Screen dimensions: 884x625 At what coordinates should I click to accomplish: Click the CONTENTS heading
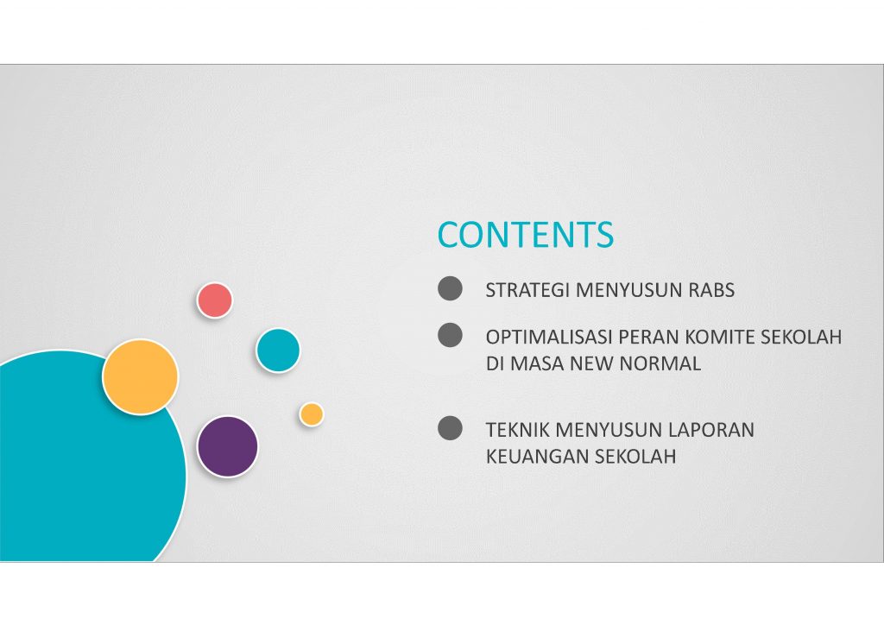526,235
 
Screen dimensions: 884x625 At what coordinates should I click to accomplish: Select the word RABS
711,290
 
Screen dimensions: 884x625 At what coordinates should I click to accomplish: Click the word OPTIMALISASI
549,337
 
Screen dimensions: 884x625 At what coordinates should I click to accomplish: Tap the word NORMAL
660,363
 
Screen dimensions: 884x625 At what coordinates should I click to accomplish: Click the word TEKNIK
518,429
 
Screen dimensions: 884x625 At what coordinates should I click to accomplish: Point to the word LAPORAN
711,429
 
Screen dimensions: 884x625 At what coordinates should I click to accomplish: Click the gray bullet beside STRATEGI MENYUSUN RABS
450,288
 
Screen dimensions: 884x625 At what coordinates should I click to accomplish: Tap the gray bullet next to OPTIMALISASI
450,335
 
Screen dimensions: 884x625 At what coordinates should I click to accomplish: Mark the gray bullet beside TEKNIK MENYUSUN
450,428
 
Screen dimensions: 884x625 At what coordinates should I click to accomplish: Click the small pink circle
215,300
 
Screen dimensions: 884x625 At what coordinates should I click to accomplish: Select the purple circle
228,446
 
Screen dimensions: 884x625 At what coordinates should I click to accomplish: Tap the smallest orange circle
311,414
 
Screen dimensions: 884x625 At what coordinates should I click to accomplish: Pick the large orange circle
141,377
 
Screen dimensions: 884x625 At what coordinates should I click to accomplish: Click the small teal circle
278,350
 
